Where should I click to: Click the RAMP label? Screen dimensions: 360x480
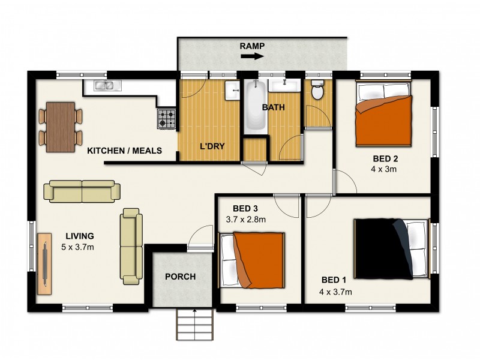coord(252,46)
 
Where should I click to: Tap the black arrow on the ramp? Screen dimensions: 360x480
coord(251,57)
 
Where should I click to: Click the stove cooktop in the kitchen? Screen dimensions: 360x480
coord(167,118)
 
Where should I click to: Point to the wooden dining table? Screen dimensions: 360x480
coord(61,127)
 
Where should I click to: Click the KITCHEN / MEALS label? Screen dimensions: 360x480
coord(124,151)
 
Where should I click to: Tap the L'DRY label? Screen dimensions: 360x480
coord(212,146)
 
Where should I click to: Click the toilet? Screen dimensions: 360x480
coord(317,90)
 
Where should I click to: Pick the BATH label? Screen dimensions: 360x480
coord(273,108)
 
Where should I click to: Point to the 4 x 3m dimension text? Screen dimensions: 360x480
coord(384,169)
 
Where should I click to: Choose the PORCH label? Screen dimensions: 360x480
coord(181,277)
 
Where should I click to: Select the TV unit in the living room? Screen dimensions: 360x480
coord(45,264)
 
